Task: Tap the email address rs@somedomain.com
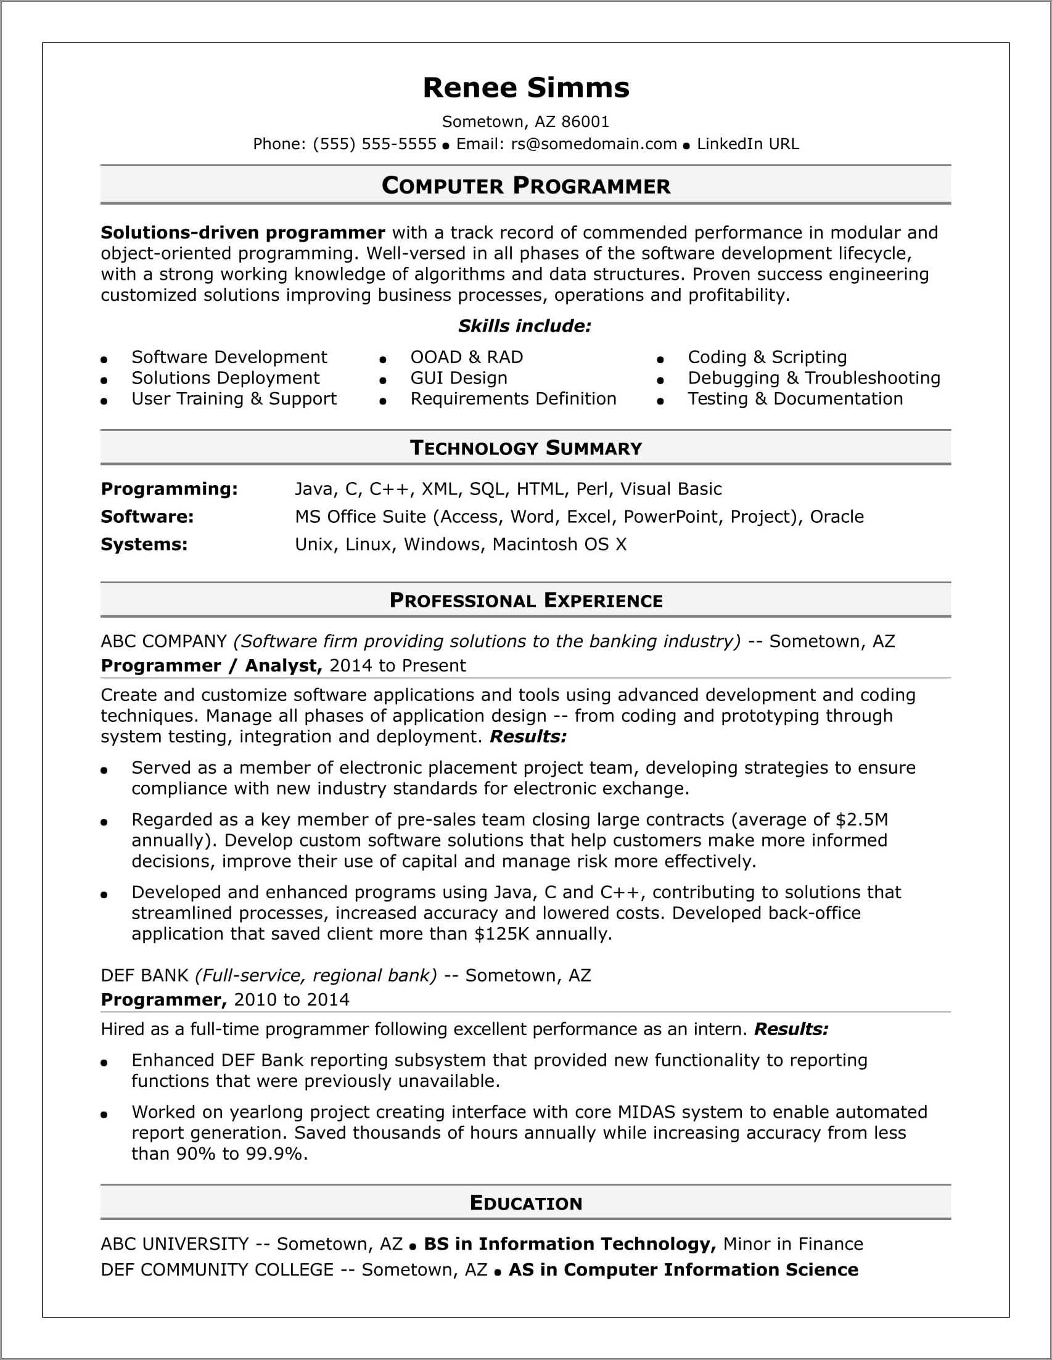pos(594,144)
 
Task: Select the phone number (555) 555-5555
pos(374,144)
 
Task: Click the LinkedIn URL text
pos(747,144)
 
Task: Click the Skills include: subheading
pos(524,326)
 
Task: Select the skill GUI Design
pos(458,378)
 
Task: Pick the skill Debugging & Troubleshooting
pos(813,378)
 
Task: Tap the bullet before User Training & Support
pos(104,401)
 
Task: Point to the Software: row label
pos(147,516)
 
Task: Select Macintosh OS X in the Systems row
pos(559,544)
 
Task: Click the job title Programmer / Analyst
pos(211,666)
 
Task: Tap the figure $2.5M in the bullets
pos(862,819)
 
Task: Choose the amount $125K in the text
pos(501,933)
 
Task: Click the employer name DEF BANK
pos(144,975)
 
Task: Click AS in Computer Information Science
pos(683,1270)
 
